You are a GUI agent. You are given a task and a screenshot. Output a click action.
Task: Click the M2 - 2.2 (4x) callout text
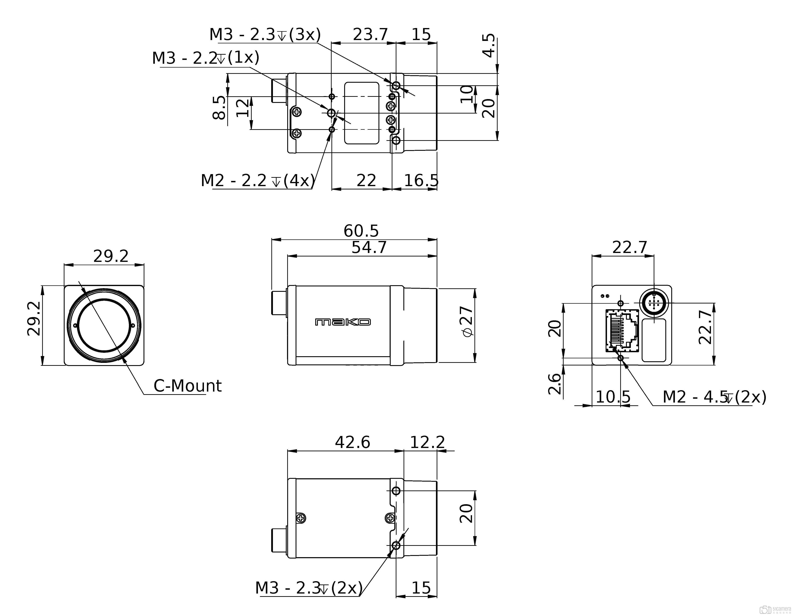258,180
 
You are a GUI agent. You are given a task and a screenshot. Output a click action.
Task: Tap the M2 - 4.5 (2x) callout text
714,397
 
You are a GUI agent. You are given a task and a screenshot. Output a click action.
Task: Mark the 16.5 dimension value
421,180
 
